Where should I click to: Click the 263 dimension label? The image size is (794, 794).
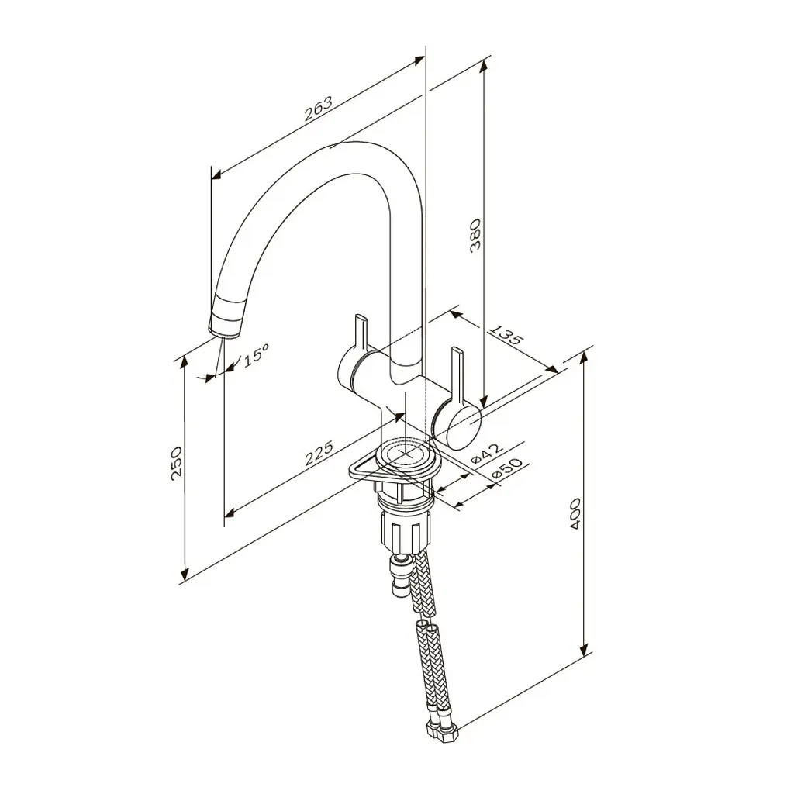319,109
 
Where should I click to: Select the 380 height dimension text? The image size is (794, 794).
475,236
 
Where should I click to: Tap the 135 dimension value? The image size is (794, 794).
505,333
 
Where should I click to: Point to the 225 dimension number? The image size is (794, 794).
319,453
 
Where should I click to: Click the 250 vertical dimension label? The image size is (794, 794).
176,463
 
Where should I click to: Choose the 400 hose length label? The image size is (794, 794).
575,514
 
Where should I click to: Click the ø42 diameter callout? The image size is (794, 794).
487,453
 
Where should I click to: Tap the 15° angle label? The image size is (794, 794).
256,354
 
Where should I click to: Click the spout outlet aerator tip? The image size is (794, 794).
225,318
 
